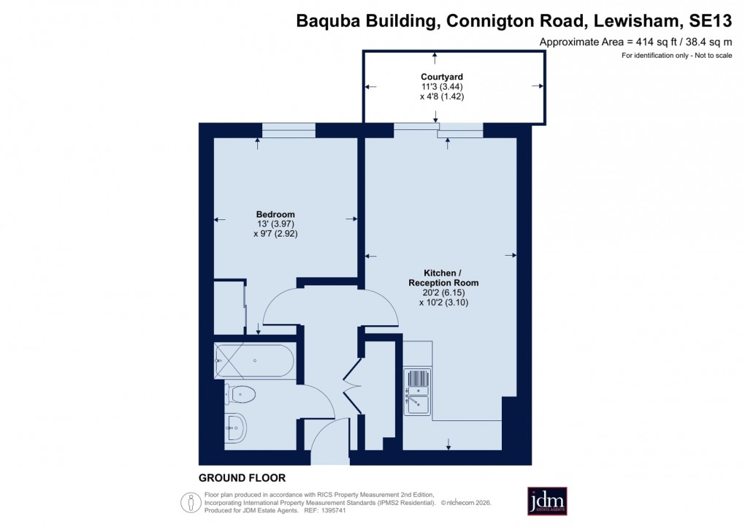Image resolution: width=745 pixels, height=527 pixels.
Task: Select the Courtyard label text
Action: (442, 77)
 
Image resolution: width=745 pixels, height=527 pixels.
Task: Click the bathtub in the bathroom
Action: (254, 361)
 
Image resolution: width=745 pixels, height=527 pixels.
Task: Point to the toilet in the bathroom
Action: (241, 395)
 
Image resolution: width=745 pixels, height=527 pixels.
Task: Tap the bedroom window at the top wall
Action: (289, 130)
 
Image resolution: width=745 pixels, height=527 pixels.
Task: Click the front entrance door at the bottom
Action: (331, 438)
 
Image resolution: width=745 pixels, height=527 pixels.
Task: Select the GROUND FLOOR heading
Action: (242, 479)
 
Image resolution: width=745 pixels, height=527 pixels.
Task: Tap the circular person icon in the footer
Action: (191, 502)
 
